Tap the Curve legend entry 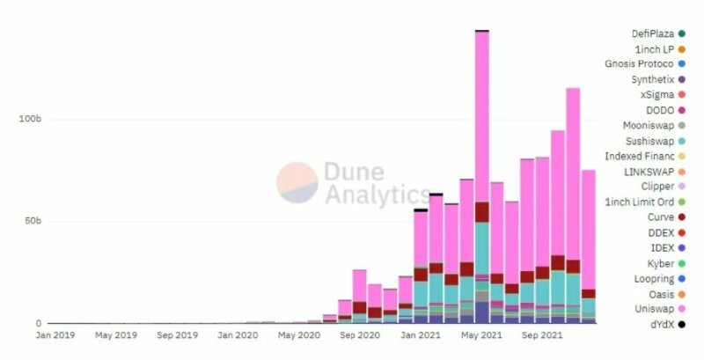(659, 217)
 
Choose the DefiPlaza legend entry (647, 33)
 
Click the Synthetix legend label (651, 79)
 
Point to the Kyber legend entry (659, 263)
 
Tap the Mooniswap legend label (647, 125)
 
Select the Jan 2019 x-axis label (55, 336)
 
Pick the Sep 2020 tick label (358, 336)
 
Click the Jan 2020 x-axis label (237, 336)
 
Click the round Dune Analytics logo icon (297, 181)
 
